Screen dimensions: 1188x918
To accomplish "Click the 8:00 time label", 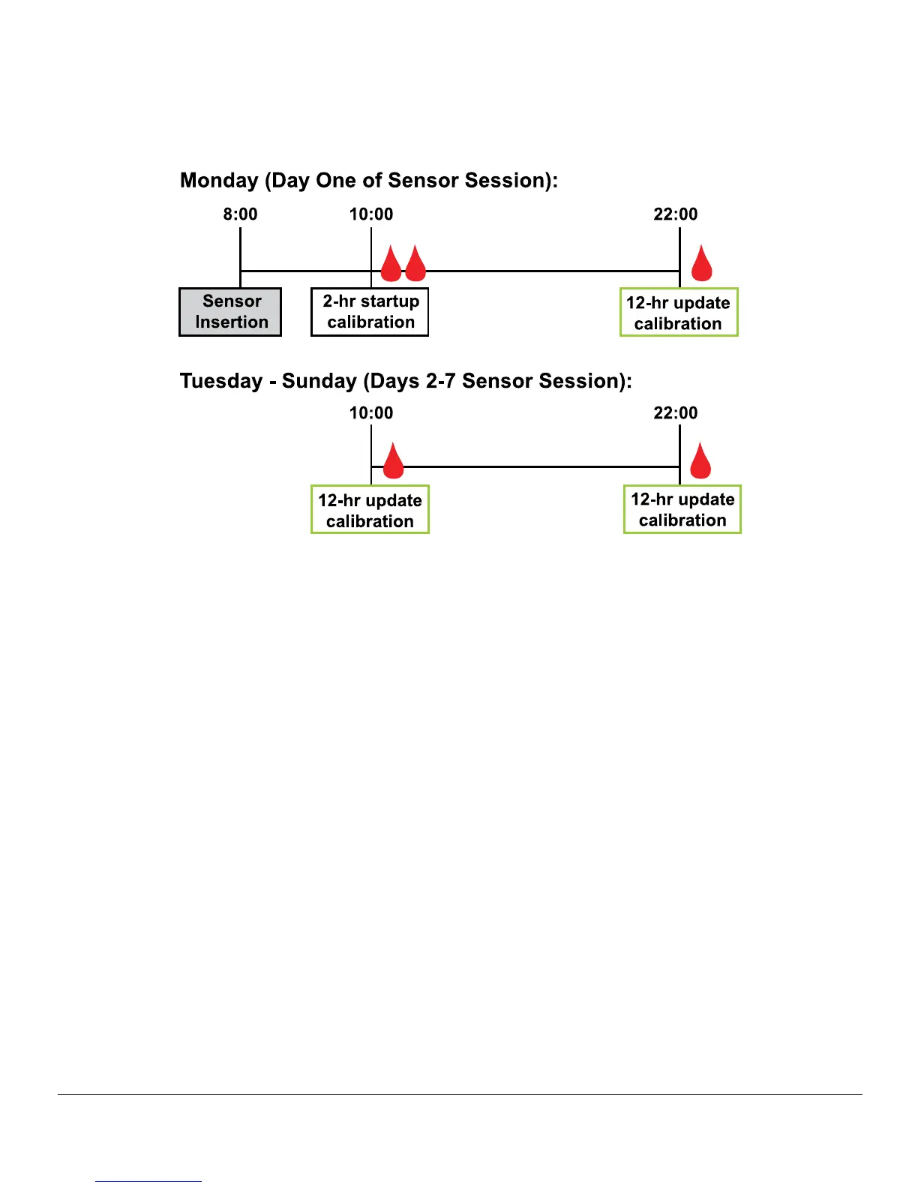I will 240,214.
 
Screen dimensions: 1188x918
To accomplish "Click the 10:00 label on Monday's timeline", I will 371,214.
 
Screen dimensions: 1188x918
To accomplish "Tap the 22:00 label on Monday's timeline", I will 676,214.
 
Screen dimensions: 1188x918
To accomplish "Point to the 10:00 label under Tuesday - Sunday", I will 371,413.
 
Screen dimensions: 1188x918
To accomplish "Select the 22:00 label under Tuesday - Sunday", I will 676,413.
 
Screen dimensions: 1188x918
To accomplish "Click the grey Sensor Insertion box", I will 230,312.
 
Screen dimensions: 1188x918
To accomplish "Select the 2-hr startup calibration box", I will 370,312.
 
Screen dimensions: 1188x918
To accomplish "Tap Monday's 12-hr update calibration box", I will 679,313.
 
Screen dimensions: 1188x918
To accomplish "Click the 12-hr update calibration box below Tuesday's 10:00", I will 370,510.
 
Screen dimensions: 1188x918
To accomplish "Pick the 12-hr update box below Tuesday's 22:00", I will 682,510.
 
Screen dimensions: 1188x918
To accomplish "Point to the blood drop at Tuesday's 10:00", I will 393,463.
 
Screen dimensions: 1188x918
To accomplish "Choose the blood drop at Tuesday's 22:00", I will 700,463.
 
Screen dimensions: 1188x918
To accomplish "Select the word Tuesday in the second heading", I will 221,381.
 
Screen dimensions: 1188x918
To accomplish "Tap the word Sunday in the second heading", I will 319,381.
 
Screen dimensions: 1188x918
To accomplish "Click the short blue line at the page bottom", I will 148,1181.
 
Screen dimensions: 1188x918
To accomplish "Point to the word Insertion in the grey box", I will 232,322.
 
